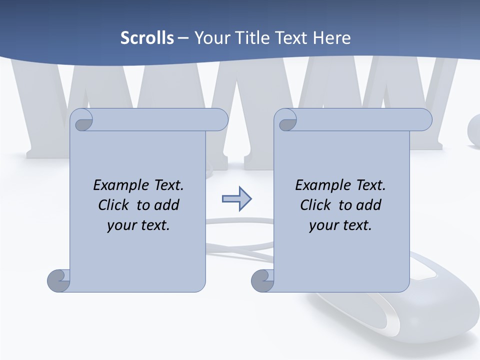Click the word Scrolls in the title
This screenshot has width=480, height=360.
pyautogui.click(x=147, y=38)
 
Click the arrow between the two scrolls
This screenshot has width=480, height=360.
pyautogui.click(x=236, y=199)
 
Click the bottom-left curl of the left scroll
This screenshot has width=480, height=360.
pyautogui.click(x=58, y=280)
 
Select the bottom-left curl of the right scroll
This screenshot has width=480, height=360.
pyautogui.click(x=262, y=280)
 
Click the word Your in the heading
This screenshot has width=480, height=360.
pyautogui.click(x=210, y=38)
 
